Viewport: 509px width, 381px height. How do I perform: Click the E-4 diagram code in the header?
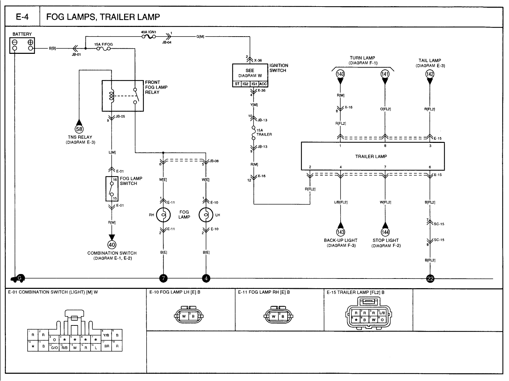[x=22, y=17]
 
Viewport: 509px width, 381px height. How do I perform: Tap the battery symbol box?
[x=22, y=45]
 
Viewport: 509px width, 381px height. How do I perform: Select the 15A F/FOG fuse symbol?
[x=104, y=49]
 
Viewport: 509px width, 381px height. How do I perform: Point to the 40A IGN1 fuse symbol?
[x=149, y=36]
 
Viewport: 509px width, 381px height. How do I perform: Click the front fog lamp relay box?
[x=123, y=96]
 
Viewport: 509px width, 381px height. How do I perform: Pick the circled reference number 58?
[x=80, y=129]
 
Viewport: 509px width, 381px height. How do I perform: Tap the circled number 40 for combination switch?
[x=112, y=245]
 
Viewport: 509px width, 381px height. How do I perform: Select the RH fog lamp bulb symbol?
[x=163, y=215]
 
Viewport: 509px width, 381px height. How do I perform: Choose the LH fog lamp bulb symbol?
[x=206, y=215]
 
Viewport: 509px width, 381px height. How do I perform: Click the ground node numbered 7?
[x=163, y=278]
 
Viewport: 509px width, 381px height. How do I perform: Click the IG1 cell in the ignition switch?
[x=254, y=84]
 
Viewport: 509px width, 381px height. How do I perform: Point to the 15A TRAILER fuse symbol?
[x=254, y=134]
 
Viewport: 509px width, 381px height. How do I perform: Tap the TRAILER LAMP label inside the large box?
[x=371, y=156]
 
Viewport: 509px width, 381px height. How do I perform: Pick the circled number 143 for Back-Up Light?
[x=341, y=232]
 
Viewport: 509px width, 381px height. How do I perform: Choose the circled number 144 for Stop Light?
[x=385, y=232]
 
